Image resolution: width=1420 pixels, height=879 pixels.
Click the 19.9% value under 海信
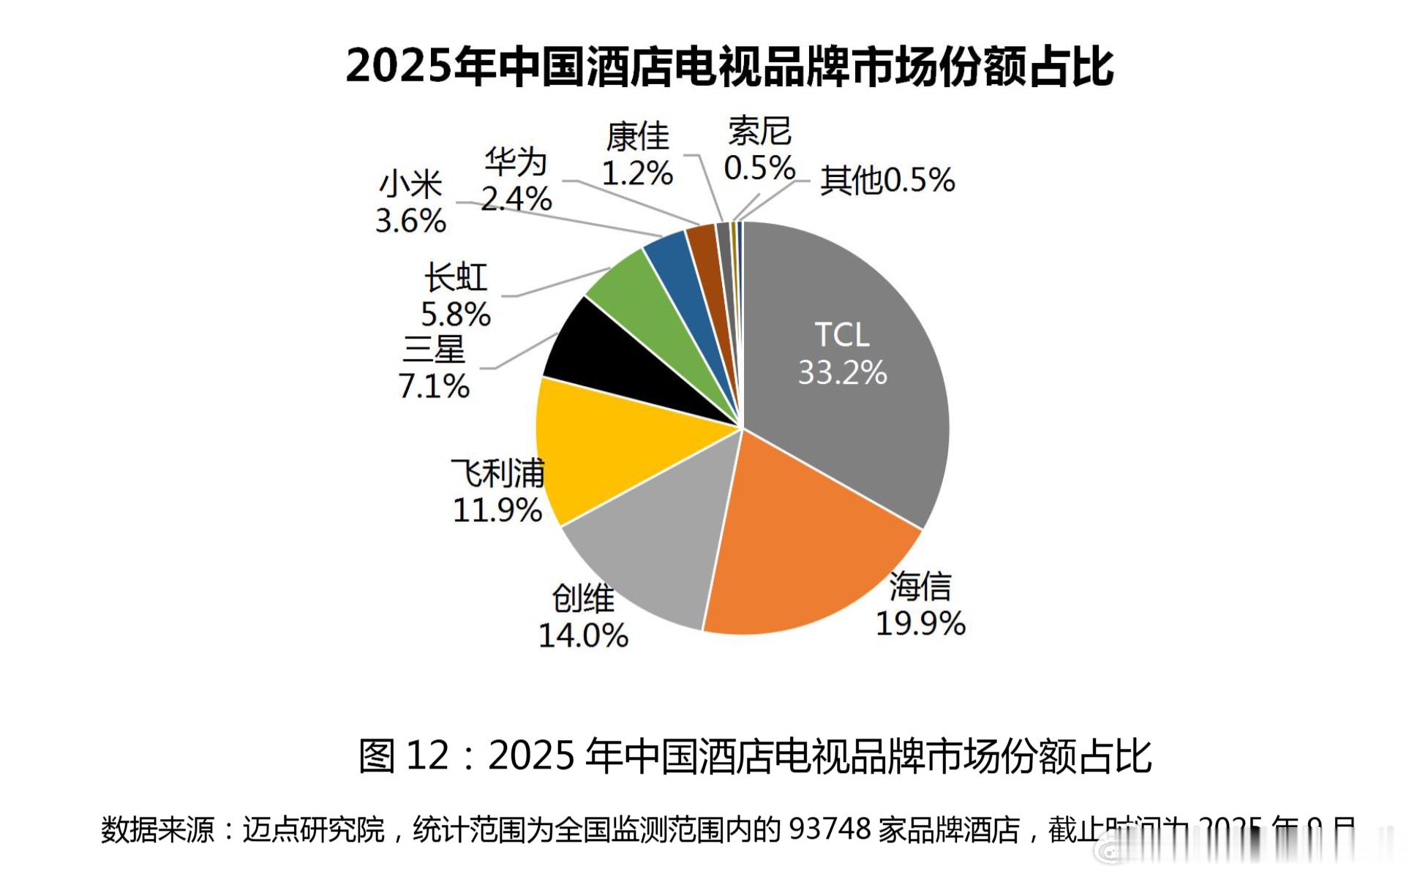tap(920, 624)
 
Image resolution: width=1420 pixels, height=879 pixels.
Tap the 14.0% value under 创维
tap(583, 635)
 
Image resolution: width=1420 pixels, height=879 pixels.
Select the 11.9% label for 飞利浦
tap(497, 510)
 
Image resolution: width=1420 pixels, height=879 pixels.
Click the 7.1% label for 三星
tap(433, 386)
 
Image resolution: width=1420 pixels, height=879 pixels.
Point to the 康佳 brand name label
tap(637, 137)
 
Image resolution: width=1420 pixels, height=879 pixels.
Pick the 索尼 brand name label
tap(759, 132)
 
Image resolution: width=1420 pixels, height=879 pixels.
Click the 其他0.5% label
tap(887, 180)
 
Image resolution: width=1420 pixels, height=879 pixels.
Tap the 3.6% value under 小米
tap(410, 221)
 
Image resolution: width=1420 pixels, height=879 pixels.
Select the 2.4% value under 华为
tap(516, 199)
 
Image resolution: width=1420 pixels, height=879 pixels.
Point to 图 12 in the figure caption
tap(402, 755)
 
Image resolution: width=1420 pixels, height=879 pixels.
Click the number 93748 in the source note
tap(830, 829)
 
